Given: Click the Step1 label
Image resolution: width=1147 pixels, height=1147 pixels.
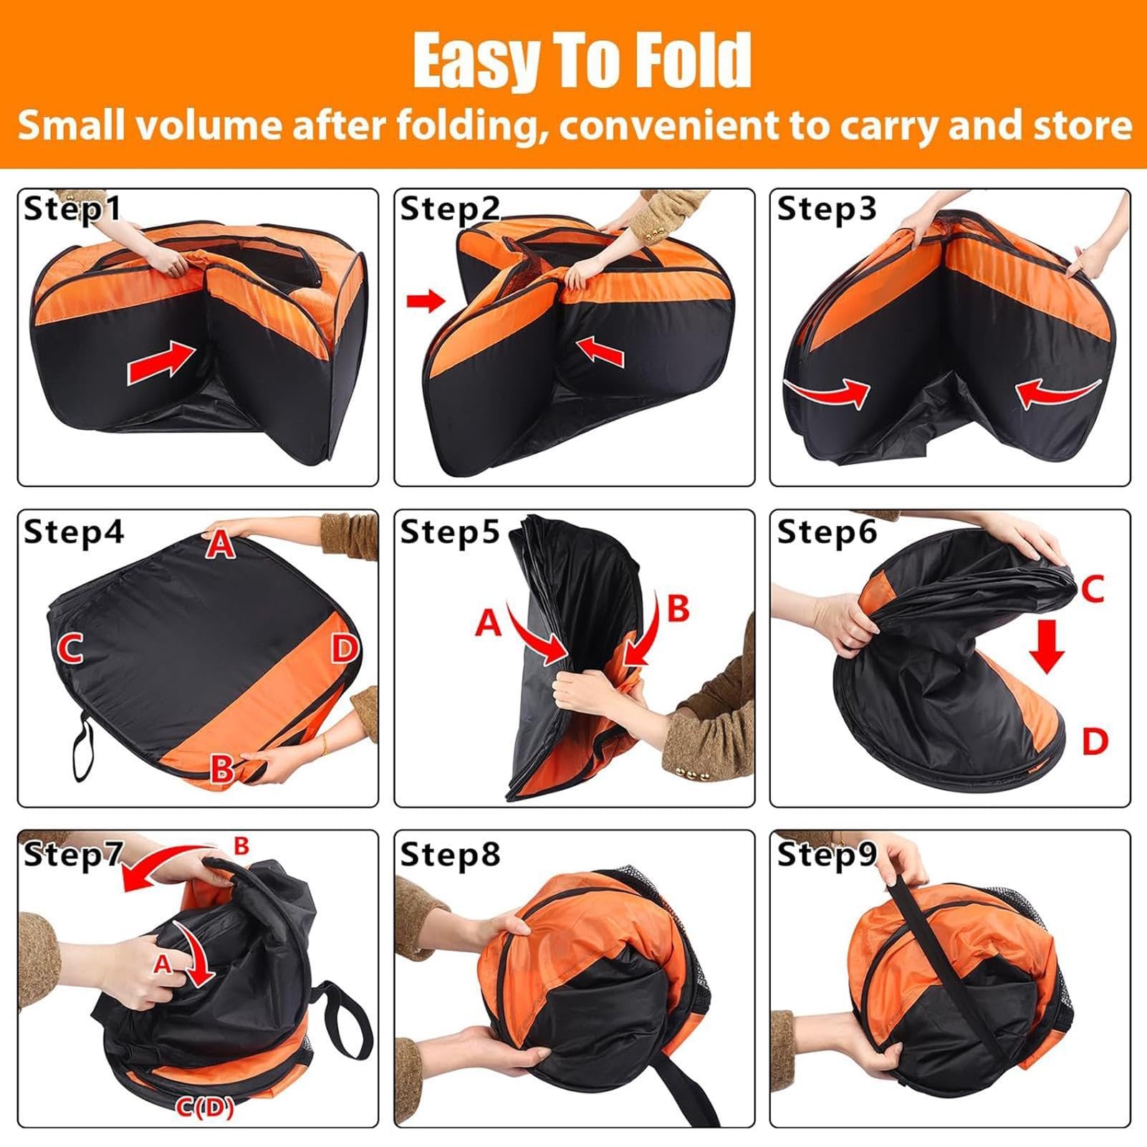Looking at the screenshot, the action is (72, 209).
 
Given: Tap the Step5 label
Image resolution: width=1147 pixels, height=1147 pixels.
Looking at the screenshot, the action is (449, 532).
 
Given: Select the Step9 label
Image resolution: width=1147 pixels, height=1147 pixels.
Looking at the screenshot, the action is (826, 853).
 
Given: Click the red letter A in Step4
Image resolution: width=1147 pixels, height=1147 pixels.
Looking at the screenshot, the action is (220, 546).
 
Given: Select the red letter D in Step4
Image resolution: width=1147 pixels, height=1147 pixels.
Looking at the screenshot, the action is (344, 648).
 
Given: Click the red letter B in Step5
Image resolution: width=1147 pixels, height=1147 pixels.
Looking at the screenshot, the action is (677, 608).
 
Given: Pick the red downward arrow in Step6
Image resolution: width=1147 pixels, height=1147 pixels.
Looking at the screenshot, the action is (1047, 647).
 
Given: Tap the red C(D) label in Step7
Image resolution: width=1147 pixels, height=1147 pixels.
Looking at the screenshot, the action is (205, 1110).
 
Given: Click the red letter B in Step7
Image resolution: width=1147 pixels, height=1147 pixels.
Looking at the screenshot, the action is (241, 846).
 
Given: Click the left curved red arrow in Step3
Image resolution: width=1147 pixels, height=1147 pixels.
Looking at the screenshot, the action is (827, 390).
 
